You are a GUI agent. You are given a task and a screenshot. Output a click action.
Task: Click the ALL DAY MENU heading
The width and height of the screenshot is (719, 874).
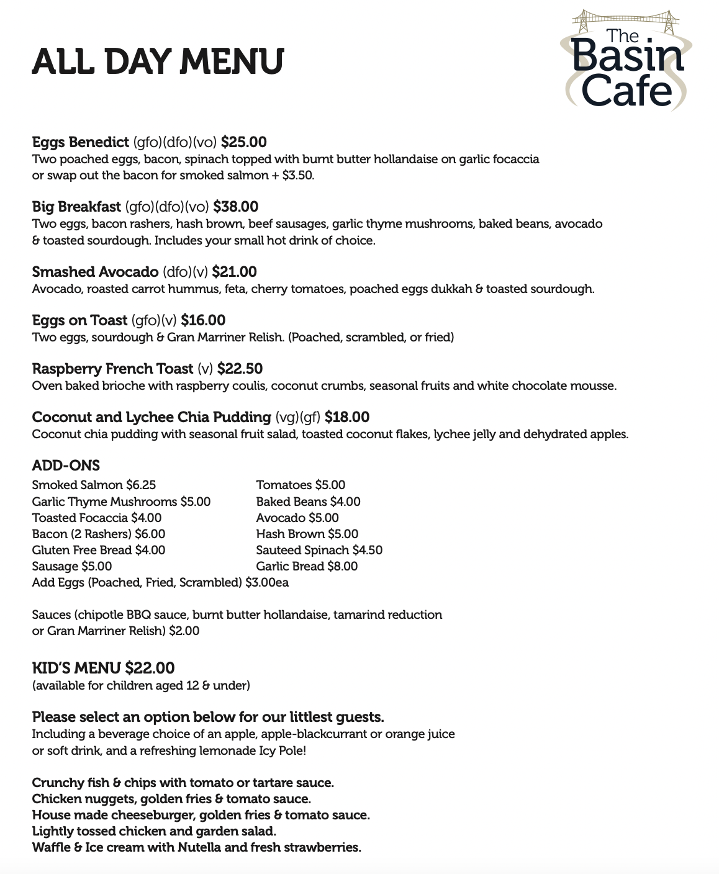tap(158, 62)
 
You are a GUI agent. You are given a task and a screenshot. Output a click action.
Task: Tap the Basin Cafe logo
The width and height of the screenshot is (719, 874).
tap(626, 61)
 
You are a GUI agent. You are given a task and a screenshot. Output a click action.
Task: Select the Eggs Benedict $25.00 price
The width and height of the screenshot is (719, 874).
tap(243, 142)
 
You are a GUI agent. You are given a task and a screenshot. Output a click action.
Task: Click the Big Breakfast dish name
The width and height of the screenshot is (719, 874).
tap(76, 207)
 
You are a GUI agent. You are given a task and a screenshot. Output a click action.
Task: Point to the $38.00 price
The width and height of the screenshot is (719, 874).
tap(235, 207)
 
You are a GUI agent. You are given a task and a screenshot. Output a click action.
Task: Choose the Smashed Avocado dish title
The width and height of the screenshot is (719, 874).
tap(95, 272)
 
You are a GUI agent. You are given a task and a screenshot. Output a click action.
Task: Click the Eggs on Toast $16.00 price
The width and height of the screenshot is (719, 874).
tap(203, 320)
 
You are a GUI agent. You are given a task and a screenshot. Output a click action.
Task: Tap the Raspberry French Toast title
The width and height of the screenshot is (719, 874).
tap(112, 369)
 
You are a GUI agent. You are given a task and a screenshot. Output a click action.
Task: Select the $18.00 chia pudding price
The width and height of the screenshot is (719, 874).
tap(347, 417)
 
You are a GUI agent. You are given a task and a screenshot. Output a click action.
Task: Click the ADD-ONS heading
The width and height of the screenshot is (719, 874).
tap(66, 466)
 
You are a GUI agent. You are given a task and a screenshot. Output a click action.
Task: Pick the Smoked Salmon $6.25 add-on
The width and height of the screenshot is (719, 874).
tap(94, 485)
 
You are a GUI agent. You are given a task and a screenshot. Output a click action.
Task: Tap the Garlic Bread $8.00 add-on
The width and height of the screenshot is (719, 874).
tap(307, 566)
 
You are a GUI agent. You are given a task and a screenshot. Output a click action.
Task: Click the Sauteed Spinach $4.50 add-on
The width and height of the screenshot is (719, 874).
tap(319, 550)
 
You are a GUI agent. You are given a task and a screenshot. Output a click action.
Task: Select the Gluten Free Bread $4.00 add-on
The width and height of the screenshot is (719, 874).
tap(99, 550)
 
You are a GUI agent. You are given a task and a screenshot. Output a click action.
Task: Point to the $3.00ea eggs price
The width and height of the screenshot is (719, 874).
tap(267, 583)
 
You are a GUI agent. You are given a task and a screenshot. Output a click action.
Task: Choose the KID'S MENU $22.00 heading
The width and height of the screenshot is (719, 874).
tap(103, 668)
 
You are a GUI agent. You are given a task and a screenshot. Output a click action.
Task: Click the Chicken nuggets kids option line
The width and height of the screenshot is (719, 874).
tap(171, 799)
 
